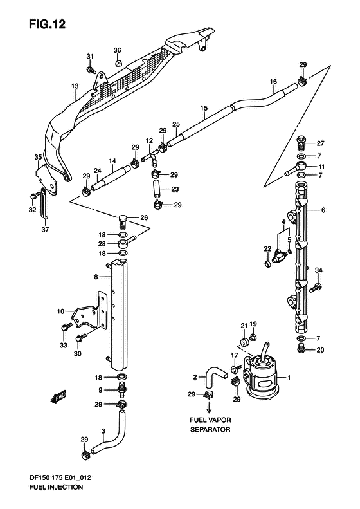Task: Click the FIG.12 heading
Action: click(x=48, y=24)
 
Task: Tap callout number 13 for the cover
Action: click(x=75, y=86)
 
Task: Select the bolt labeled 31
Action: click(x=91, y=69)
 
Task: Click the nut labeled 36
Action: click(x=118, y=62)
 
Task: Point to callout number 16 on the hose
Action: click(x=273, y=82)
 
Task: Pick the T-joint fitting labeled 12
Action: click(x=150, y=159)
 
